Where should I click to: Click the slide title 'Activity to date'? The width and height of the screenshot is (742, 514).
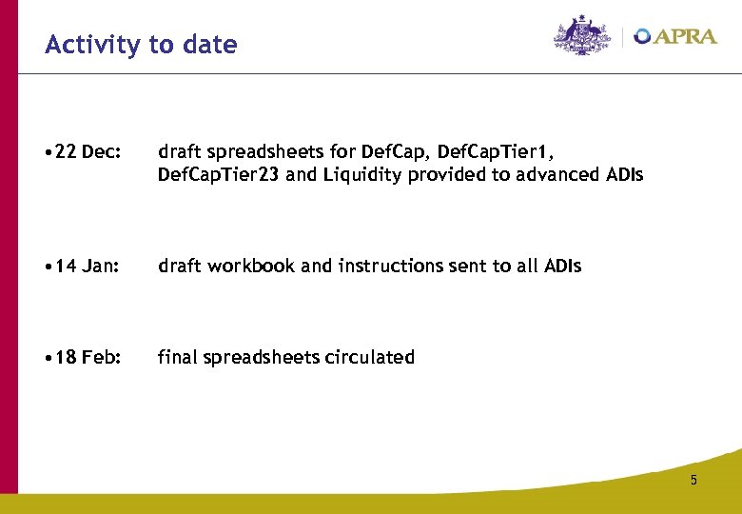(x=141, y=45)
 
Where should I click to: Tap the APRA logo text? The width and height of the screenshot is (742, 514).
(x=685, y=36)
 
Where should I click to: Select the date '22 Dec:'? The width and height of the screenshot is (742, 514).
(x=88, y=151)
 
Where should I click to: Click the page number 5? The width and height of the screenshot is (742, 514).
(x=693, y=480)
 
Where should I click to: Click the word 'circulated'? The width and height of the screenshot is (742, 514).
(x=370, y=358)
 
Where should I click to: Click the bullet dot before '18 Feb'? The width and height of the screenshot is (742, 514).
(x=49, y=358)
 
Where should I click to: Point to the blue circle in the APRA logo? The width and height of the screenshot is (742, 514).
(x=643, y=36)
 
